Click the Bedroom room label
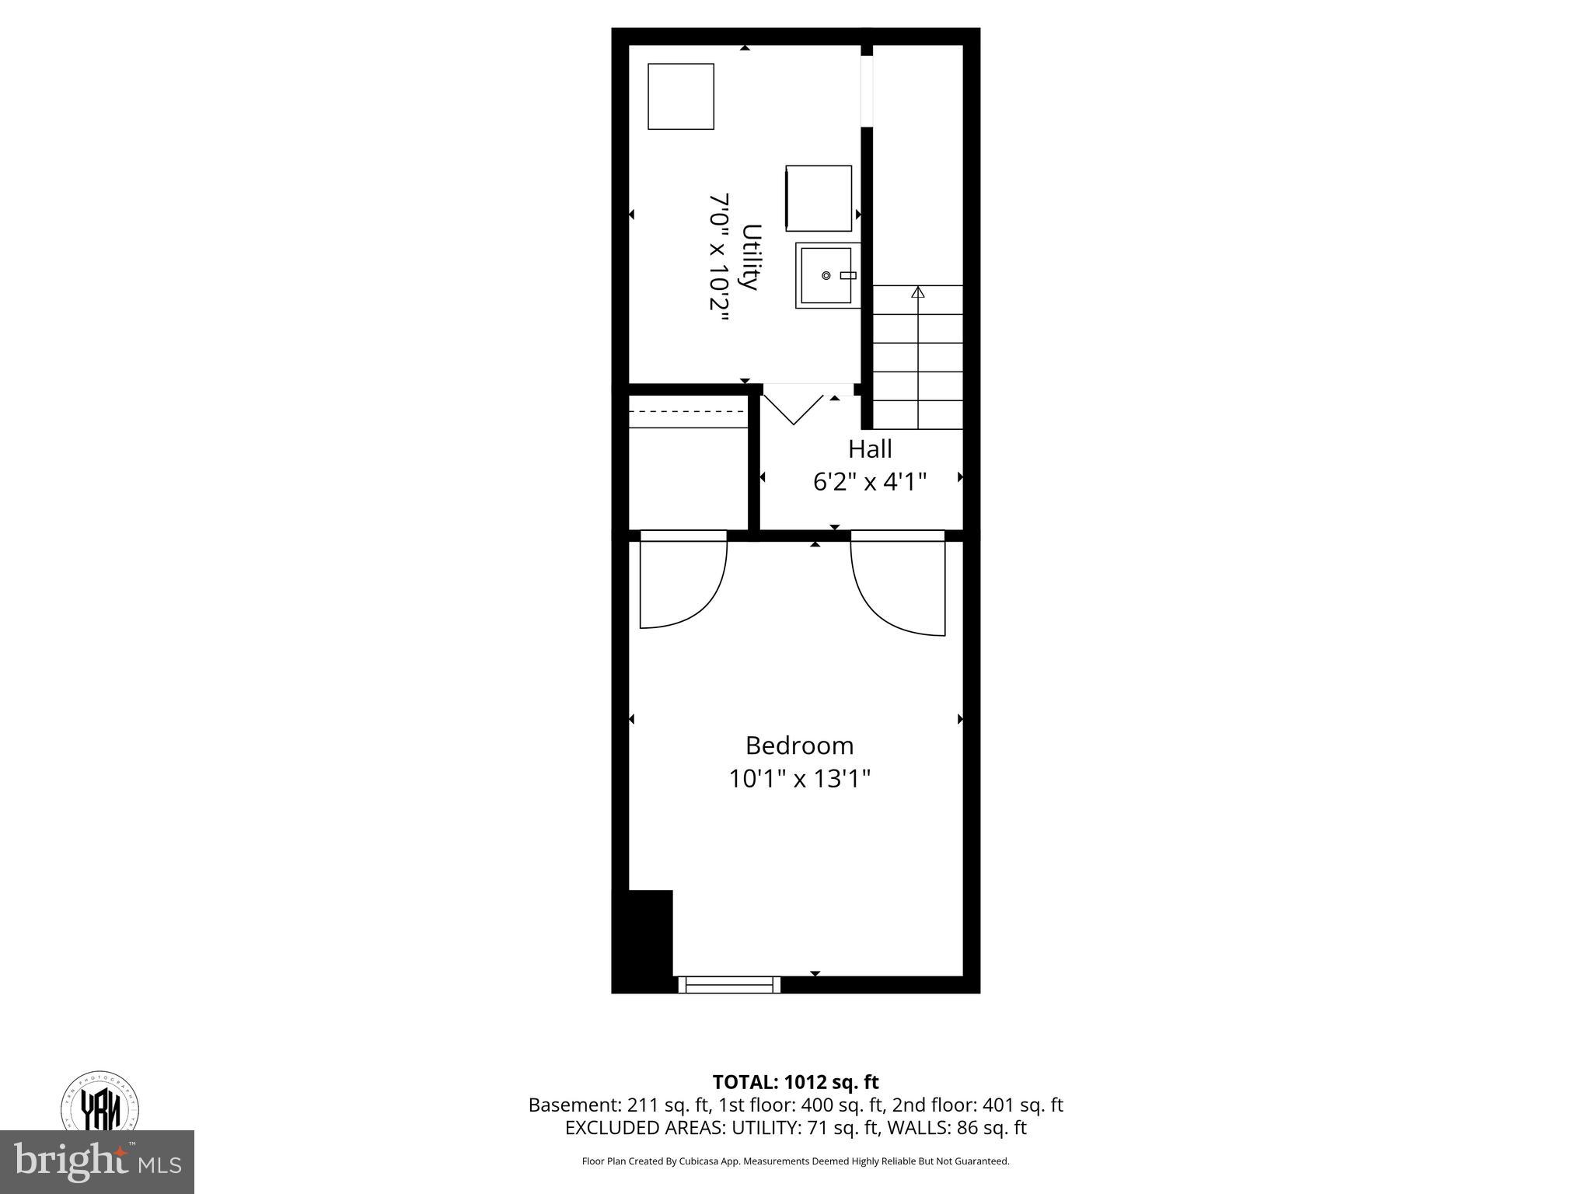click(x=799, y=745)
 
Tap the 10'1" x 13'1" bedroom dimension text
click(x=799, y=779)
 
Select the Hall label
click(x=869, y=449)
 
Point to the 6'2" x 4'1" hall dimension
click(x=869, y=483)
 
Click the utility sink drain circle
click(x=826, y=275)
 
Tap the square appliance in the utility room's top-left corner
click(x=681, y=96)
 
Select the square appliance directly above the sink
click(x=818, y=198)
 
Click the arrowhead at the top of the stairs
click(x=918, y=292)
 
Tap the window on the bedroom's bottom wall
click(x=729, y=985)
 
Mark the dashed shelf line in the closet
click(x=687, y=412)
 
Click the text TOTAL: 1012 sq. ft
click(x=795, y=1082)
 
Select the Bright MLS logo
click(x=97, y=1161)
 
